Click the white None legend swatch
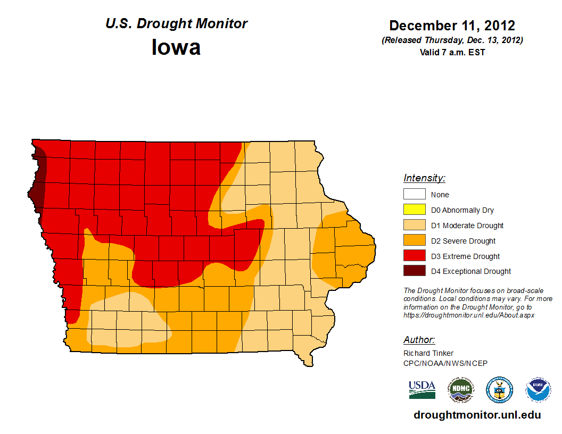[x=414, y=195]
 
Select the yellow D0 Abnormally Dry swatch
[x=414, y=210]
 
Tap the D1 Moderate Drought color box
[x=414, y=226]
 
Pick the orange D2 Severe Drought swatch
[x=414, y=241]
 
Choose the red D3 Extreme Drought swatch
[x=414, y=256]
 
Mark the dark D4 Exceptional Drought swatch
[x=414, y=271]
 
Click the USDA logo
[x=422, y=390]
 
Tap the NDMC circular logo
[x=460, y=390]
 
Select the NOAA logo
[x=538, y=390]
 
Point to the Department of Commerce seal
[x=499, y=390]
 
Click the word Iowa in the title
[x=176, y=47]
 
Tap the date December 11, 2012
[x=452, y=26]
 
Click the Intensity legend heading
[x=424, y=178]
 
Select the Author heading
[x=419, y=340]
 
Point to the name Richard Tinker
[x=428, y=353]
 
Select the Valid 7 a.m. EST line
[x=452, y=52]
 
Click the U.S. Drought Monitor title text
[x=176, y=24]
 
